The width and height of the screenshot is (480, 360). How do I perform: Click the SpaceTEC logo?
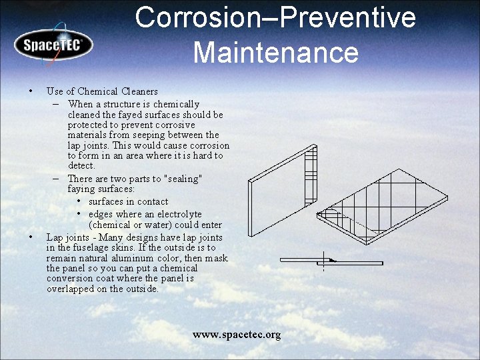53,45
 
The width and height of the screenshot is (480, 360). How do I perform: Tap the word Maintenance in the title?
275,52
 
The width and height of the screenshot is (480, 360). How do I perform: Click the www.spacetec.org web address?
237,335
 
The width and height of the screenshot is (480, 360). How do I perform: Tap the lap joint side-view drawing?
331,261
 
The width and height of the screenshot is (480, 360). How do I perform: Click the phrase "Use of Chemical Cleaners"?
102,91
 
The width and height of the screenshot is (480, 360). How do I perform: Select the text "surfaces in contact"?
128,202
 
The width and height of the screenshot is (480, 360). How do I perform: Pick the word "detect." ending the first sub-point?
81,166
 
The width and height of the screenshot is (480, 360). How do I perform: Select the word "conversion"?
70,279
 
